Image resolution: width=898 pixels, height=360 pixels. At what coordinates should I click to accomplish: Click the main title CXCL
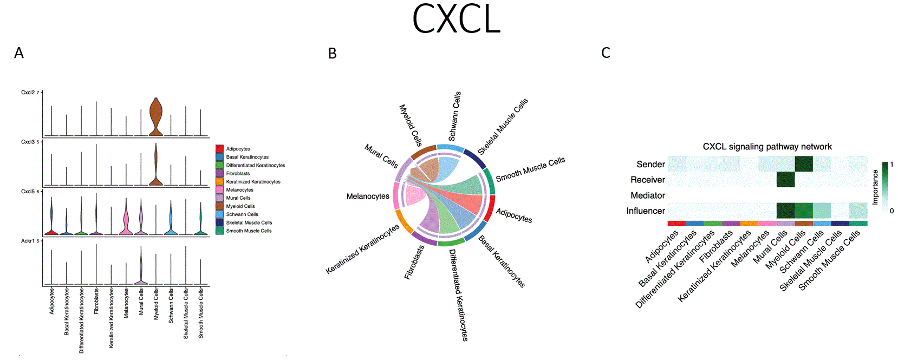pyautogui.click(x=456, y=19)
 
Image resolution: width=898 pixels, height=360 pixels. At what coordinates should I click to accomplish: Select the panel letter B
pyautogui.click(x=333, y=54)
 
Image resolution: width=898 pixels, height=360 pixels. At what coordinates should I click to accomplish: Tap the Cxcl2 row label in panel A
pyautogui.click(x=28, y=93)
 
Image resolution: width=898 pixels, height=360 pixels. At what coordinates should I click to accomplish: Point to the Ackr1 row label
pyautogui.click(x=28, y=241)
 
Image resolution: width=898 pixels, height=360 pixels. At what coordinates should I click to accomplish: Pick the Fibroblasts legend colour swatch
pyautogui.click(x=219, y=173)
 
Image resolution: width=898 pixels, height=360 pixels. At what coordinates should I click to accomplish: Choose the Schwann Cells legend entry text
pyautogui.click(x=242, y=214)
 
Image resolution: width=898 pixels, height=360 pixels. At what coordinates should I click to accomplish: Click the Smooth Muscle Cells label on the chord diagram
pyautogui.click(x=530, y=169)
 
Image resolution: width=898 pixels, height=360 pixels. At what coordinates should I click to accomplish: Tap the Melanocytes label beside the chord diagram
pyautogui.click(x=368, y=197)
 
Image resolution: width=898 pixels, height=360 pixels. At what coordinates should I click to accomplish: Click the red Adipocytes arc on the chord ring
pyautogui.click(x=489, y=208)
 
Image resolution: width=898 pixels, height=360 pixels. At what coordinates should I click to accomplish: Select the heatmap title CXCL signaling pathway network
pyautogui.click(x=767, y=147)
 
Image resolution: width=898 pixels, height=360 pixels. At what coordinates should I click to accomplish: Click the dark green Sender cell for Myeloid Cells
pyautogui.click(x=804, y=163)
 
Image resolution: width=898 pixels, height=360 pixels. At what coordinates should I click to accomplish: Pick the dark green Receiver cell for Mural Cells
pyautogui.click(x=785, y=180)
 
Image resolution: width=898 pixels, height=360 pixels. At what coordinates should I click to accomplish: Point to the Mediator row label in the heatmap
pyautogui.click(x=648, y=195)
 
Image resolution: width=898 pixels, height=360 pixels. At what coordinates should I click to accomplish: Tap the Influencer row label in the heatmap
pyautogui.click(x=646, y=211)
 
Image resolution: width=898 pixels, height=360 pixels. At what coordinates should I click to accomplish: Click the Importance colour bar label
pyautogui.click(x=875, y=187)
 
